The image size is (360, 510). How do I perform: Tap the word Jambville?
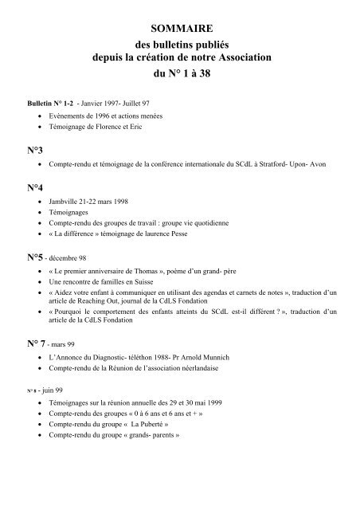(x=65, y=202)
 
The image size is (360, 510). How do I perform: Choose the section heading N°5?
(x=35, y=258)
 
